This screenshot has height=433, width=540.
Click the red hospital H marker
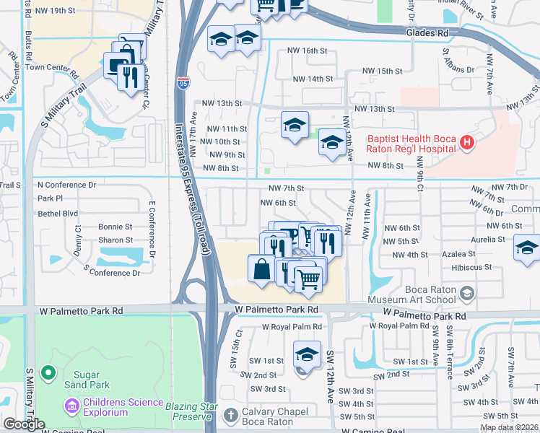coord(467,142)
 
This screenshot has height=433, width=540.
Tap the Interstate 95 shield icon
coord(184,84)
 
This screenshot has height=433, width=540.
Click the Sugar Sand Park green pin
coord(48,373)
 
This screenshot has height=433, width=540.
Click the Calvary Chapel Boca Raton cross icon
coord(230,415)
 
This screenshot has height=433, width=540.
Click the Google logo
coord(24,424)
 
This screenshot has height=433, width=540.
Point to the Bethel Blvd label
coord(58,214)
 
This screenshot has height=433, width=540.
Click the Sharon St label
coord(116,240)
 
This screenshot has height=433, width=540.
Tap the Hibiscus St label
coord(471,266)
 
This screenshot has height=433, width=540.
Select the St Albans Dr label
coord(457,61)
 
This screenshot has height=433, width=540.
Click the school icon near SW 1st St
coord(307,354)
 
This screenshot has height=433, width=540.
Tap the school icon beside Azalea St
coord(527,248)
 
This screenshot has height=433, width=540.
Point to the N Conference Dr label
coord(66,185)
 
